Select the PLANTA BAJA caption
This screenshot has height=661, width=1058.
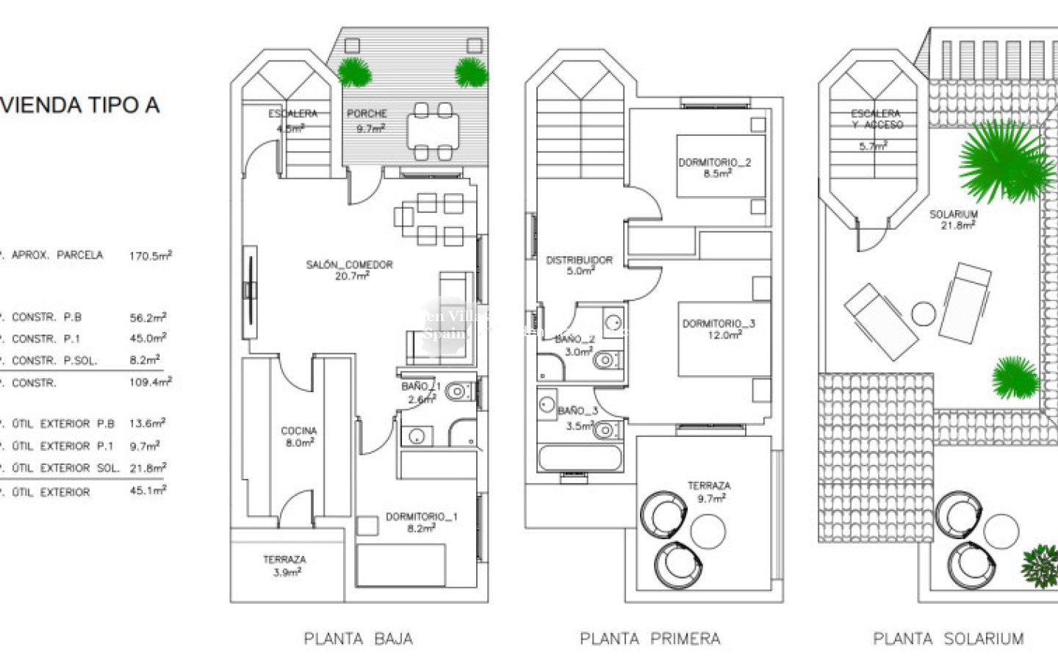point(359,639)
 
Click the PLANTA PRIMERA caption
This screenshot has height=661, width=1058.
point(650,639)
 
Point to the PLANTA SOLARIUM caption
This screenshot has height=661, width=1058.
point(948,639)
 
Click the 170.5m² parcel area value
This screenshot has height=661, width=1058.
point(150,256)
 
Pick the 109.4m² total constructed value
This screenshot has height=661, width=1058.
point(150,382)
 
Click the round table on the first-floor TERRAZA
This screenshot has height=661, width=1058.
point(708,530)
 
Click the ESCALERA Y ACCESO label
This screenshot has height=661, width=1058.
point(877,120)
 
